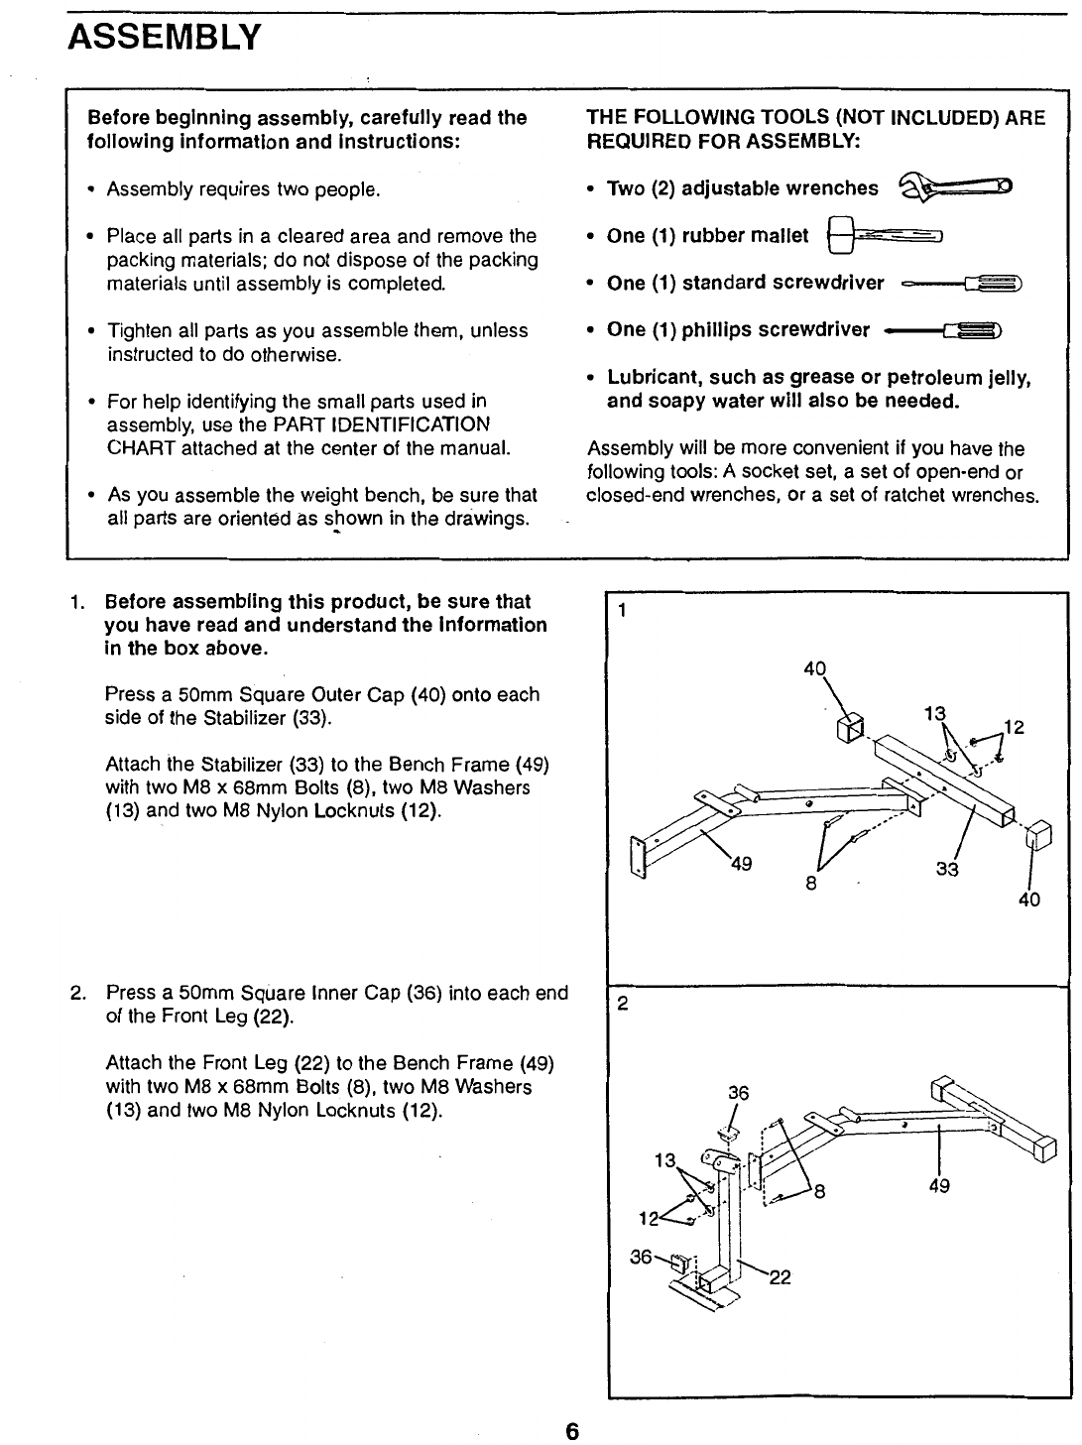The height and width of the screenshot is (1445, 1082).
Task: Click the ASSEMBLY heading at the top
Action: tap(164, 38)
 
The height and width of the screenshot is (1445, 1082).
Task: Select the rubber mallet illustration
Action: tap(884, 236)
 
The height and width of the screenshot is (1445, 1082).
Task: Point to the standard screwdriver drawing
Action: tap(962, 284)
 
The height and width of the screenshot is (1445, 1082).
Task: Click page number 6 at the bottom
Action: tap(571, 1431)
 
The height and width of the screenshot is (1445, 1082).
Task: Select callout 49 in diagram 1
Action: tap(740, 862)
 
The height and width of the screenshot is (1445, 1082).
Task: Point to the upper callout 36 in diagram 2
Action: tap(737, 1094)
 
